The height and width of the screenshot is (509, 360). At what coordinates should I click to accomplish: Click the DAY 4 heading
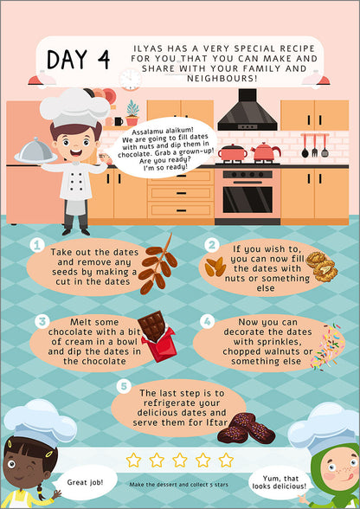tap(78, 60)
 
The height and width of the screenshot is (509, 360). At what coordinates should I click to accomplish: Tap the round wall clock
tap(130, 80)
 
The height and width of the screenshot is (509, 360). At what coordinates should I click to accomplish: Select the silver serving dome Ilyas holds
tap(35, 151)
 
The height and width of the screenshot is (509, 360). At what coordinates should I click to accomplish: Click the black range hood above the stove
tap(247, 110)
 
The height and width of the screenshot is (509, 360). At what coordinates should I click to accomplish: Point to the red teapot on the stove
tap(265, 152)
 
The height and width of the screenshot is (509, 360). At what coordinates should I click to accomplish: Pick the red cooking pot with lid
tap(232, 153)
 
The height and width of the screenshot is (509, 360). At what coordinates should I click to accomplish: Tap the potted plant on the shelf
tap(132, 113)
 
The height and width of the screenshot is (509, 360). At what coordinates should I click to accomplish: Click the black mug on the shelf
tap(119, 121)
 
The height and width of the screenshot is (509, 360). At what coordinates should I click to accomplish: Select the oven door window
tap(247, 200)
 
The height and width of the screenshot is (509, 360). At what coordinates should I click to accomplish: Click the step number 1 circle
tap(37, 246)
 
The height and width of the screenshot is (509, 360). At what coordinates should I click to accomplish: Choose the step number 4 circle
tap(207, 321)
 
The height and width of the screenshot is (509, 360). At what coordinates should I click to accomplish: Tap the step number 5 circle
tap(124, 387)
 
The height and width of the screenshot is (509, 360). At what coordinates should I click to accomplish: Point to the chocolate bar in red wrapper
tap(157, 336)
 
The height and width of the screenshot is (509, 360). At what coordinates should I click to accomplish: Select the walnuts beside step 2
tap(321, 267)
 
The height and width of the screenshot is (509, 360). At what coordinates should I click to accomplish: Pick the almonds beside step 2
tap(215, 267)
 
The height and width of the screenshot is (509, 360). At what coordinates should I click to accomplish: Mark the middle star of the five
tap(180, 460)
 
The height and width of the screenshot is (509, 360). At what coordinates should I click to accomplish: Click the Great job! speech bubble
tap(85, 483)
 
